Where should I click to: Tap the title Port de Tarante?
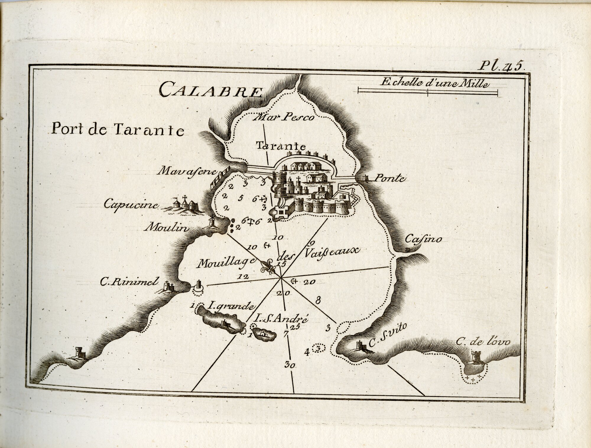pos(118,129)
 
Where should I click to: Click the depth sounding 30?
pos(291,365)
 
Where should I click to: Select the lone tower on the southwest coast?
pos(79,352)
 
